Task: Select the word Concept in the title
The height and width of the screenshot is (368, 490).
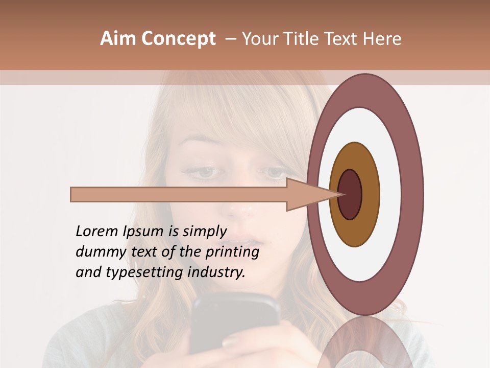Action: (x=178, y=39)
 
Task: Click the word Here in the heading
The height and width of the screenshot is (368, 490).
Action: (x=382, y=39)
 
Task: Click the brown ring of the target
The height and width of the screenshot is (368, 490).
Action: (x=355, y=153)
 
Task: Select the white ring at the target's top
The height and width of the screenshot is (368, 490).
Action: (x=364, y=123)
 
